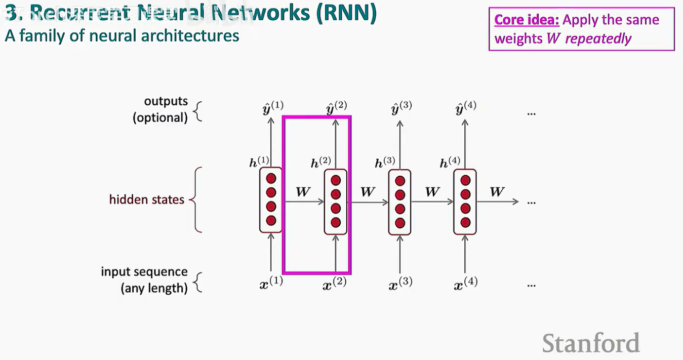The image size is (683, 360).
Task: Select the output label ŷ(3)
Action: tap(401, 108)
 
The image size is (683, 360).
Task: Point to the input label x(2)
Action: tap(335, 284)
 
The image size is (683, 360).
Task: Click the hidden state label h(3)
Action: tap(385, 163)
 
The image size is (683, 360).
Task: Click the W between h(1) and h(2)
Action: tap(303, 192)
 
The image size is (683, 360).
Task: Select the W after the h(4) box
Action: tap(497, 192)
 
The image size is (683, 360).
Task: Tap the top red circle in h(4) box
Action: tap(465, 180)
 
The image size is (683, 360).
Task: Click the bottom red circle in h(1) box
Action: tap(271, 221)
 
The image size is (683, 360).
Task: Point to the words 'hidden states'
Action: tap(147, 199)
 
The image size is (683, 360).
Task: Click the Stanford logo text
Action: tap(591, 343)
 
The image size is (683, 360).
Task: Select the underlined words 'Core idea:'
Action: tap(527, 20)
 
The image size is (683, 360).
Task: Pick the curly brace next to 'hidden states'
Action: tap(196, 200)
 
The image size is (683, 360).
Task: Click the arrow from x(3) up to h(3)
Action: tap(400, 255)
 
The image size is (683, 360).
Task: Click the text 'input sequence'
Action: tap(144, 272)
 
